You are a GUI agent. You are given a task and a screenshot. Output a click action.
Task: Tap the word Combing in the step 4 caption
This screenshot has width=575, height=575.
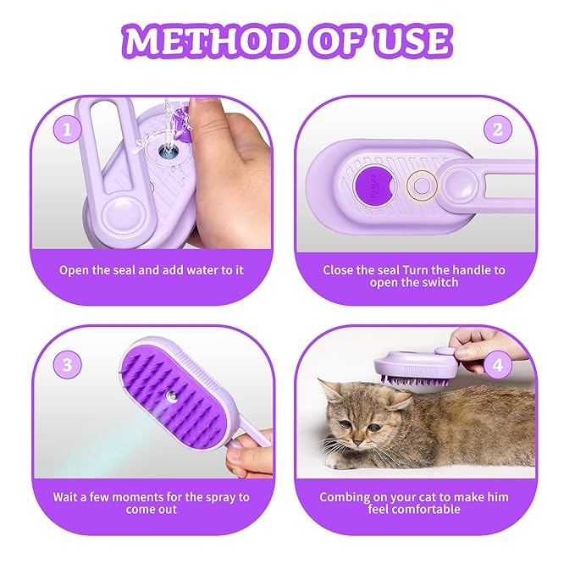click(x=345, y=497)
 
